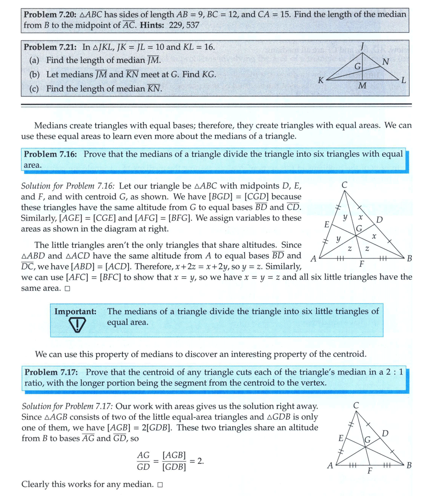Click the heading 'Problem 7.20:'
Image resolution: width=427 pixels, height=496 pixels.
tap(50, 14)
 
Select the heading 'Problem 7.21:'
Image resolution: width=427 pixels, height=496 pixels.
tap(50, 47)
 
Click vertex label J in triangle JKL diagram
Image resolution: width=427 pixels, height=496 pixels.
tap(363, 45)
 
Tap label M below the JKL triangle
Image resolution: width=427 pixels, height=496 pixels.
tap(362, 86)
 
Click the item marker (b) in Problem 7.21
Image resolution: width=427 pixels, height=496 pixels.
tap(34, 75)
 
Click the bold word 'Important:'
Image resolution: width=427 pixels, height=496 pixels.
tap(75, 311)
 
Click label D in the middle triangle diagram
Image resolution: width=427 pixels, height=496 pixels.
tap(379, 220)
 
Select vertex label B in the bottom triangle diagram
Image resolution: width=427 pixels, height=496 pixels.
tap(409, 465)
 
